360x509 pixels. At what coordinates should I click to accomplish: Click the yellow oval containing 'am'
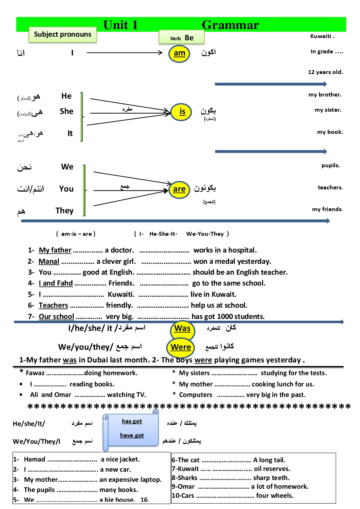[x=179, y=53]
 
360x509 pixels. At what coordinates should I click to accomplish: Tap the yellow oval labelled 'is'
[x=182, y=112]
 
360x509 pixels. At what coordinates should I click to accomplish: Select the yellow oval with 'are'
[x=179, y=189]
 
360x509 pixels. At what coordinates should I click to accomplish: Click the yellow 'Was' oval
[x=182, y=329]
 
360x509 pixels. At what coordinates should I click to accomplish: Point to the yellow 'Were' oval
[x=181, y=347]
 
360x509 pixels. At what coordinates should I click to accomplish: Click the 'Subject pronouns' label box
[x=62, y=35]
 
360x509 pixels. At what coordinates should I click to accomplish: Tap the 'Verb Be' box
[x=181, y=38]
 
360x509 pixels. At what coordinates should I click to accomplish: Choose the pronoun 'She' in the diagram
[x=66, y=111]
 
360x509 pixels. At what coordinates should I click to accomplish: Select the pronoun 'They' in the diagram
[x=64, y=211]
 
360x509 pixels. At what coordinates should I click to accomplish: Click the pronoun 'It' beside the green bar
[x=70, y=134]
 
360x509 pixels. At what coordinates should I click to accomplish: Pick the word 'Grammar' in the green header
[x=230, y=25]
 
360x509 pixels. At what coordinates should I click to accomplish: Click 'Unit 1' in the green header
[x=120, y=25]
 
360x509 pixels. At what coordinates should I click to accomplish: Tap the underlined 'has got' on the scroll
[x=132, y=421]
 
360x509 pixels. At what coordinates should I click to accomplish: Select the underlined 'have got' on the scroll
[x=132, y=435]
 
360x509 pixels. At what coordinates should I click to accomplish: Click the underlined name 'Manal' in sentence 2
[x=49, y=262]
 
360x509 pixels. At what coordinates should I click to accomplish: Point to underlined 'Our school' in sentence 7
[x=56, y=317]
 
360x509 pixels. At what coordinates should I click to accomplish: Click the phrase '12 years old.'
[x=325, y=72]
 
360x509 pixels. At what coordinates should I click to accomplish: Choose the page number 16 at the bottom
[x=144, y=500]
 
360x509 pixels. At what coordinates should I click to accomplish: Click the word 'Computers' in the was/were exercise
[x=196, y=395]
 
